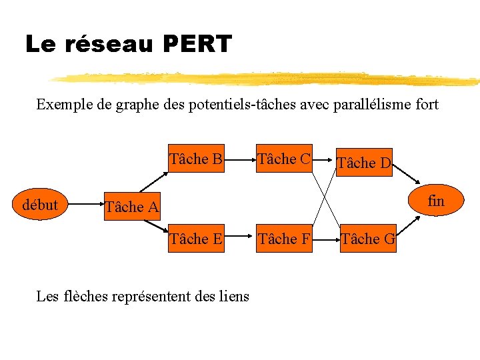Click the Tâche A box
(x=132, y=207)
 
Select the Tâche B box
(x=196, y=159)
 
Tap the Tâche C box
(x=284, y=159)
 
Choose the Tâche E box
(x=196, y=239)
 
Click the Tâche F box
(x=284, y=239)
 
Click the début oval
(x=40, y=205)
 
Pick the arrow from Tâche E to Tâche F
(x=240, y=239)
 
